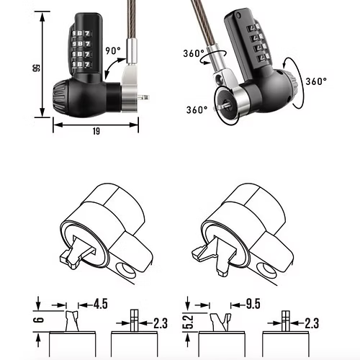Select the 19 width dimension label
(96, 131)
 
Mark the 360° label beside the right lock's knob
(317, 81)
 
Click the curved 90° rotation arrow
(115, 68)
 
